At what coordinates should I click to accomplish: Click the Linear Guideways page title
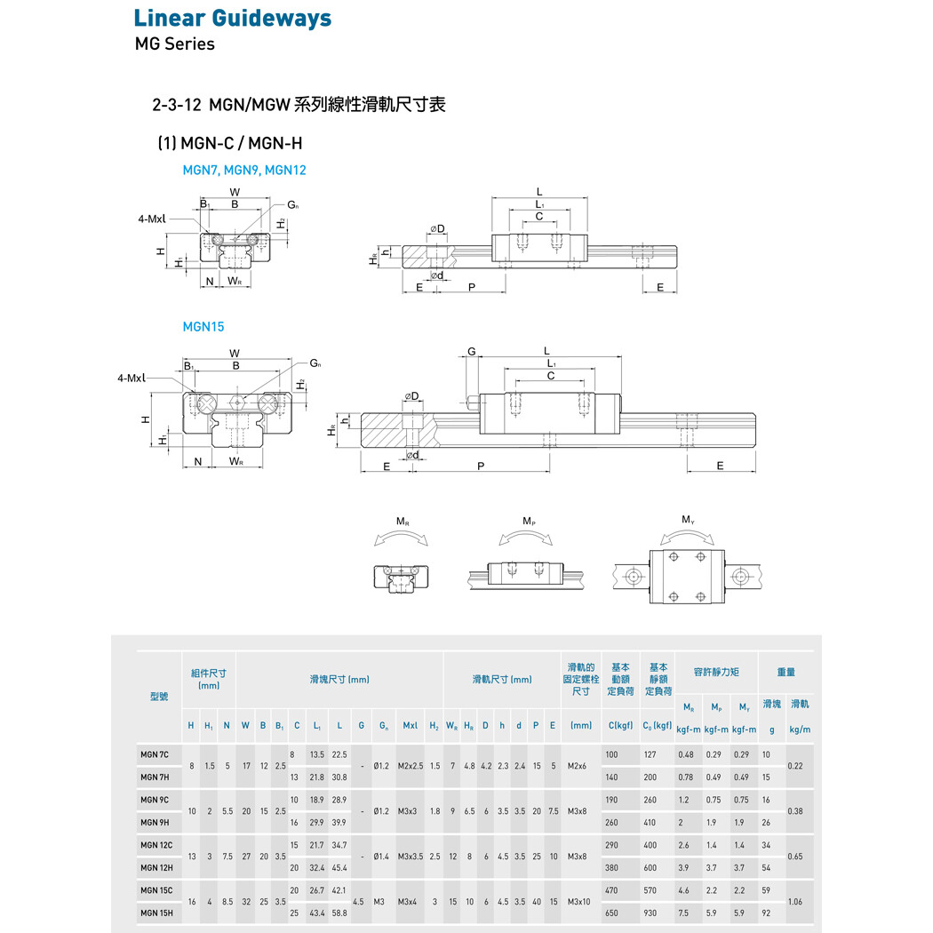pos(233,18)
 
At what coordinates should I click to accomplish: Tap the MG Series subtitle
pos(174,44)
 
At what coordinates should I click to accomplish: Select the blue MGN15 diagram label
pos(203,326)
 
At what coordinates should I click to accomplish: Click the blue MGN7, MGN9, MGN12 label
pos(244,169)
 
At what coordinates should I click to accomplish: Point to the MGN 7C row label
pos(155,754)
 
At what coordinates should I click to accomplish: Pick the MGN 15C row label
pos(156,889)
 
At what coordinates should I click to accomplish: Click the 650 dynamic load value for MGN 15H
pos(611,913)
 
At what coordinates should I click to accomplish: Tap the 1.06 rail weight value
pos(796,901)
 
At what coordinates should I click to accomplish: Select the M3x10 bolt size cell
pos(581,901)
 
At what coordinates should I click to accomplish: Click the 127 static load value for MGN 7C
pos(650,754)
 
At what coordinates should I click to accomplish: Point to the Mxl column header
pos(410,726)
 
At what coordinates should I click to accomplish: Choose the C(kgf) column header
pos(620,726)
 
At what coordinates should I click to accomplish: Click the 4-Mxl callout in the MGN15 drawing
pos(132,378)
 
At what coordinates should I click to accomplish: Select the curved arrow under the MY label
pos(688,536)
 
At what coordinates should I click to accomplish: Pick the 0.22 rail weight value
pos(796,766)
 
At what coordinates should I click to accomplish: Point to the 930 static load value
pos(650,913)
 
